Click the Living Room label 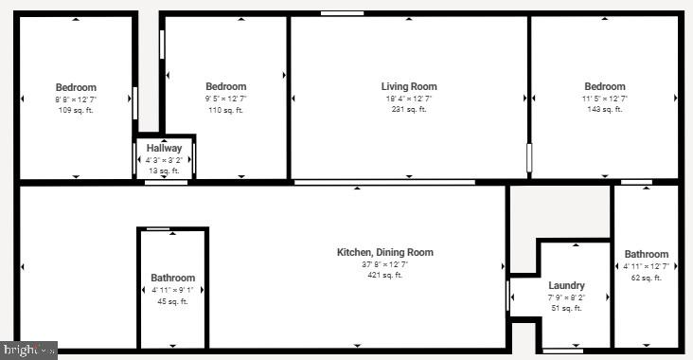pos(409,87)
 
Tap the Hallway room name pos(164,149)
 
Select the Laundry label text pos(566,285)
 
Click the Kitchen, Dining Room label pos(385,252)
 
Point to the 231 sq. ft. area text pos(409,110)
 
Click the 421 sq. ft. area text pos(385,276)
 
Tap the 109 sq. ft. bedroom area pos(76,111)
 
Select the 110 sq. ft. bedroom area pos(225,111)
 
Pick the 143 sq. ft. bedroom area pos(604,110)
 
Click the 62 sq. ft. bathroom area pos(646,278)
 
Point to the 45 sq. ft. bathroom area pos(172,301)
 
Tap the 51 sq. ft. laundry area pos(566,308)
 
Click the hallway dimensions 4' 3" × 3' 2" pos(164,160)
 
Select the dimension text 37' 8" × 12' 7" pos(385,264)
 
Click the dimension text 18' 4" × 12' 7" pos(409,99)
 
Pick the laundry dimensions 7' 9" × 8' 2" pos(566,297)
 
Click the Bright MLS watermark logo pos(28,351)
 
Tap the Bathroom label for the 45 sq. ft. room pos(172,279)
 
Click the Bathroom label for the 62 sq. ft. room pos(646,254)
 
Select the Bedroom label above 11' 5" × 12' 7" pos(604,87)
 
